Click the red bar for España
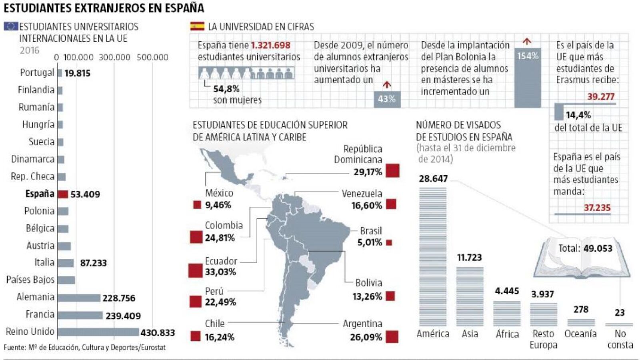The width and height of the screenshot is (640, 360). pyautogui.click(x=63, y=194)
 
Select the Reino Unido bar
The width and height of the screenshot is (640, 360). pyautogui.click(x=98, y=332)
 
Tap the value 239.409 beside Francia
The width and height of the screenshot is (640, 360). pyautogui.click(x=123, y=316)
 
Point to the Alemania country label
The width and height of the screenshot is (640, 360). pyautogui.click(x=36, y=297)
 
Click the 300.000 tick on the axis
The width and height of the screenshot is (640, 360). pyautogui.click(x=114, y=57)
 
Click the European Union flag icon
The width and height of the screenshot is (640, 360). pyautogui.click(x=11, y=26)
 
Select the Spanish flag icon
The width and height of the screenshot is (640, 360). pyautogui.click(x=197, y=26)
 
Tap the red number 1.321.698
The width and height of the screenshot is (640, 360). pyautogui.click(x=271, y=45)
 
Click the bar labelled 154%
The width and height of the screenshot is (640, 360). pyautogui.click(x=528, y=78)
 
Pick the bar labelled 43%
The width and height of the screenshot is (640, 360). pyautogui.click(x=387, y=99)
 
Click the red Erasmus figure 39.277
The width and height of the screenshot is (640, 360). pyautogui.click(x=601, y=96)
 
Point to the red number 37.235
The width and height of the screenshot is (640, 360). pyautogui.click(x=597, y=208)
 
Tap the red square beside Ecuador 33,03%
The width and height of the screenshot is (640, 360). pyautogui.click(x=196, y=271)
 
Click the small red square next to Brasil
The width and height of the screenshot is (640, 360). pyautogui.click(x=389, y=242)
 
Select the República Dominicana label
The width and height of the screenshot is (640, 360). pyautogui.click(x=358, y=154)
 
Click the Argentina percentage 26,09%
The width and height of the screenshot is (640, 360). pyautogui.click(x=366, y=337)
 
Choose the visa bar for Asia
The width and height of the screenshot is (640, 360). pyautogui.click(x=470, y=296)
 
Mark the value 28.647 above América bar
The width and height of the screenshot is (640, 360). pyautogui.click(x=433, y=179)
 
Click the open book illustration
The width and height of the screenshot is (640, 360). pyautogui.click(x=582, y=258)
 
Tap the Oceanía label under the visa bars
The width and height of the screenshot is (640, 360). pyautogui.click(x=580, y=334)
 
